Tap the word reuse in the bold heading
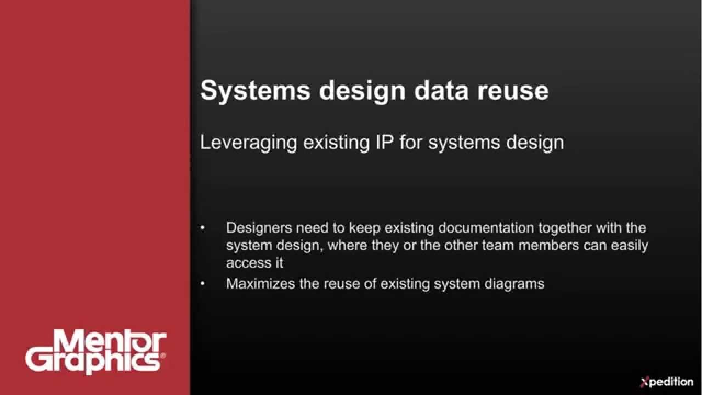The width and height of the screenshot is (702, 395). [x=513, y=91]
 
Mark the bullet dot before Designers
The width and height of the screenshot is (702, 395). [x=203, y=228]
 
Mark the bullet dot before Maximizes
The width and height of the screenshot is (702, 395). [x=203, y=284]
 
